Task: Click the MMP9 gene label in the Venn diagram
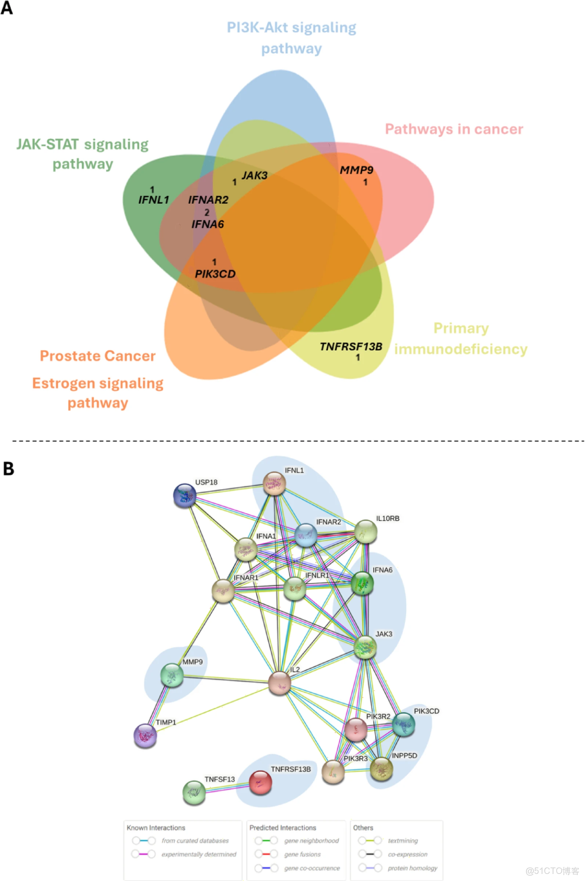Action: [x=356, y=170]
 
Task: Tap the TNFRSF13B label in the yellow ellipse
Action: [x=350, y=346]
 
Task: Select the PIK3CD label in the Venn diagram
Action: [x=215, y=274]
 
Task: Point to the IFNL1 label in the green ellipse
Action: [x=153, y=200]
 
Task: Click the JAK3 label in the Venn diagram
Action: [x=254, y=176]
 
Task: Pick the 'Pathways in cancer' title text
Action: [x=454, y=129]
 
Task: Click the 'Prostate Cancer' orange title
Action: [x=97, y=356]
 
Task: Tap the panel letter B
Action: [x=8, y=468]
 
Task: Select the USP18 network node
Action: [x=185, y=496]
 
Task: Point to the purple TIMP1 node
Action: [x=145, y=736]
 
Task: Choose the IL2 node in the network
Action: [x=279, y=683]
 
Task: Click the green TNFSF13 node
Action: [x=194, y=792]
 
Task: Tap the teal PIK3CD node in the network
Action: [x=404, y=725]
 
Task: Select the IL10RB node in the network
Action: [x=366, y=532]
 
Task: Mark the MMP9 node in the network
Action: [x=172, y=675]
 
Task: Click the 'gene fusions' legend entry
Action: [x=302, y=854]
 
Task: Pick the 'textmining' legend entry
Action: [x=402, y=841]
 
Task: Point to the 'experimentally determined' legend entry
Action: [x=198, y=854]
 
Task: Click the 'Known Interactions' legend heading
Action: [x=156, y=828]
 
